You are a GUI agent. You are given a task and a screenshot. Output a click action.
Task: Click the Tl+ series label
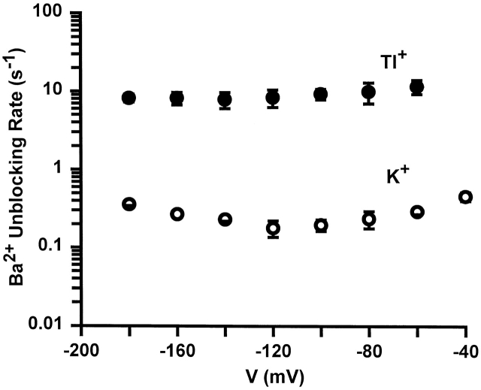(x=410, y=60)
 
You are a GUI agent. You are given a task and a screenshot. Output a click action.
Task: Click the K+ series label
(x=408, y=180)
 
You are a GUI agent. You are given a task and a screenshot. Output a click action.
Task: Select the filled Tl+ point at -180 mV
(x=129, y=98)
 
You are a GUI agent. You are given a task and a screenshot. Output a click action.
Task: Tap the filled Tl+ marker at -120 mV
(x=273, y=97)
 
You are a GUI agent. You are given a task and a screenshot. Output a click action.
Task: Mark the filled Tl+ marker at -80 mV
(x=368, y=92)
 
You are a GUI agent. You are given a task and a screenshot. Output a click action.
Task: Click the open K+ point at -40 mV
(x=465, y=197)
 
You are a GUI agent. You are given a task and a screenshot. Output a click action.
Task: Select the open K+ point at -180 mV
(x=129, y=204)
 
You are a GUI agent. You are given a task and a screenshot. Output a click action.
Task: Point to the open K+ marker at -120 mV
(x=273, y=228)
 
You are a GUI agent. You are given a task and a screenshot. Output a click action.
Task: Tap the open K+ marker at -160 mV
(x=177, y=213)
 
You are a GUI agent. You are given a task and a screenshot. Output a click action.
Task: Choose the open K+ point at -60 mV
(x=417, y=212)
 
